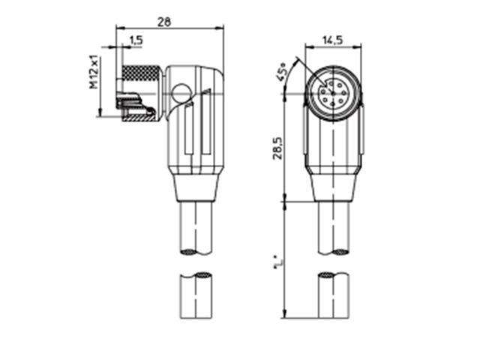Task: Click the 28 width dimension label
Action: click(164, 22)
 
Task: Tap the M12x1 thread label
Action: click(94, 71)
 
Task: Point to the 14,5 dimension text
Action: click(333, 38)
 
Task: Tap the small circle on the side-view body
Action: click(180, 95)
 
